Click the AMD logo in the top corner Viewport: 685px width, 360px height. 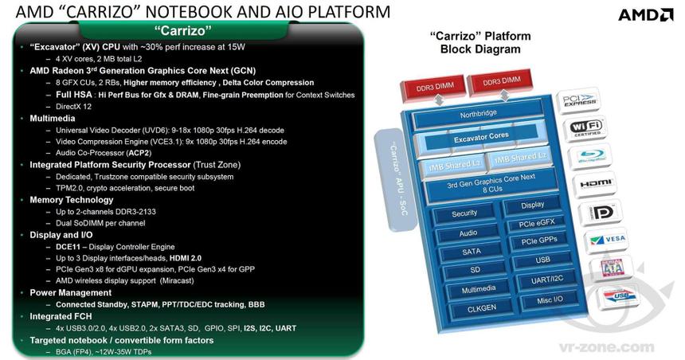coord(648,14)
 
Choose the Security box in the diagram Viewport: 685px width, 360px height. coord(464,213)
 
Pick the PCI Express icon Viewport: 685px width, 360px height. coord(581,100)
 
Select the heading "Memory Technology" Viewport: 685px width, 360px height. coord(67,200)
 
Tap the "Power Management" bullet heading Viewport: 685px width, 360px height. coord(69,293)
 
